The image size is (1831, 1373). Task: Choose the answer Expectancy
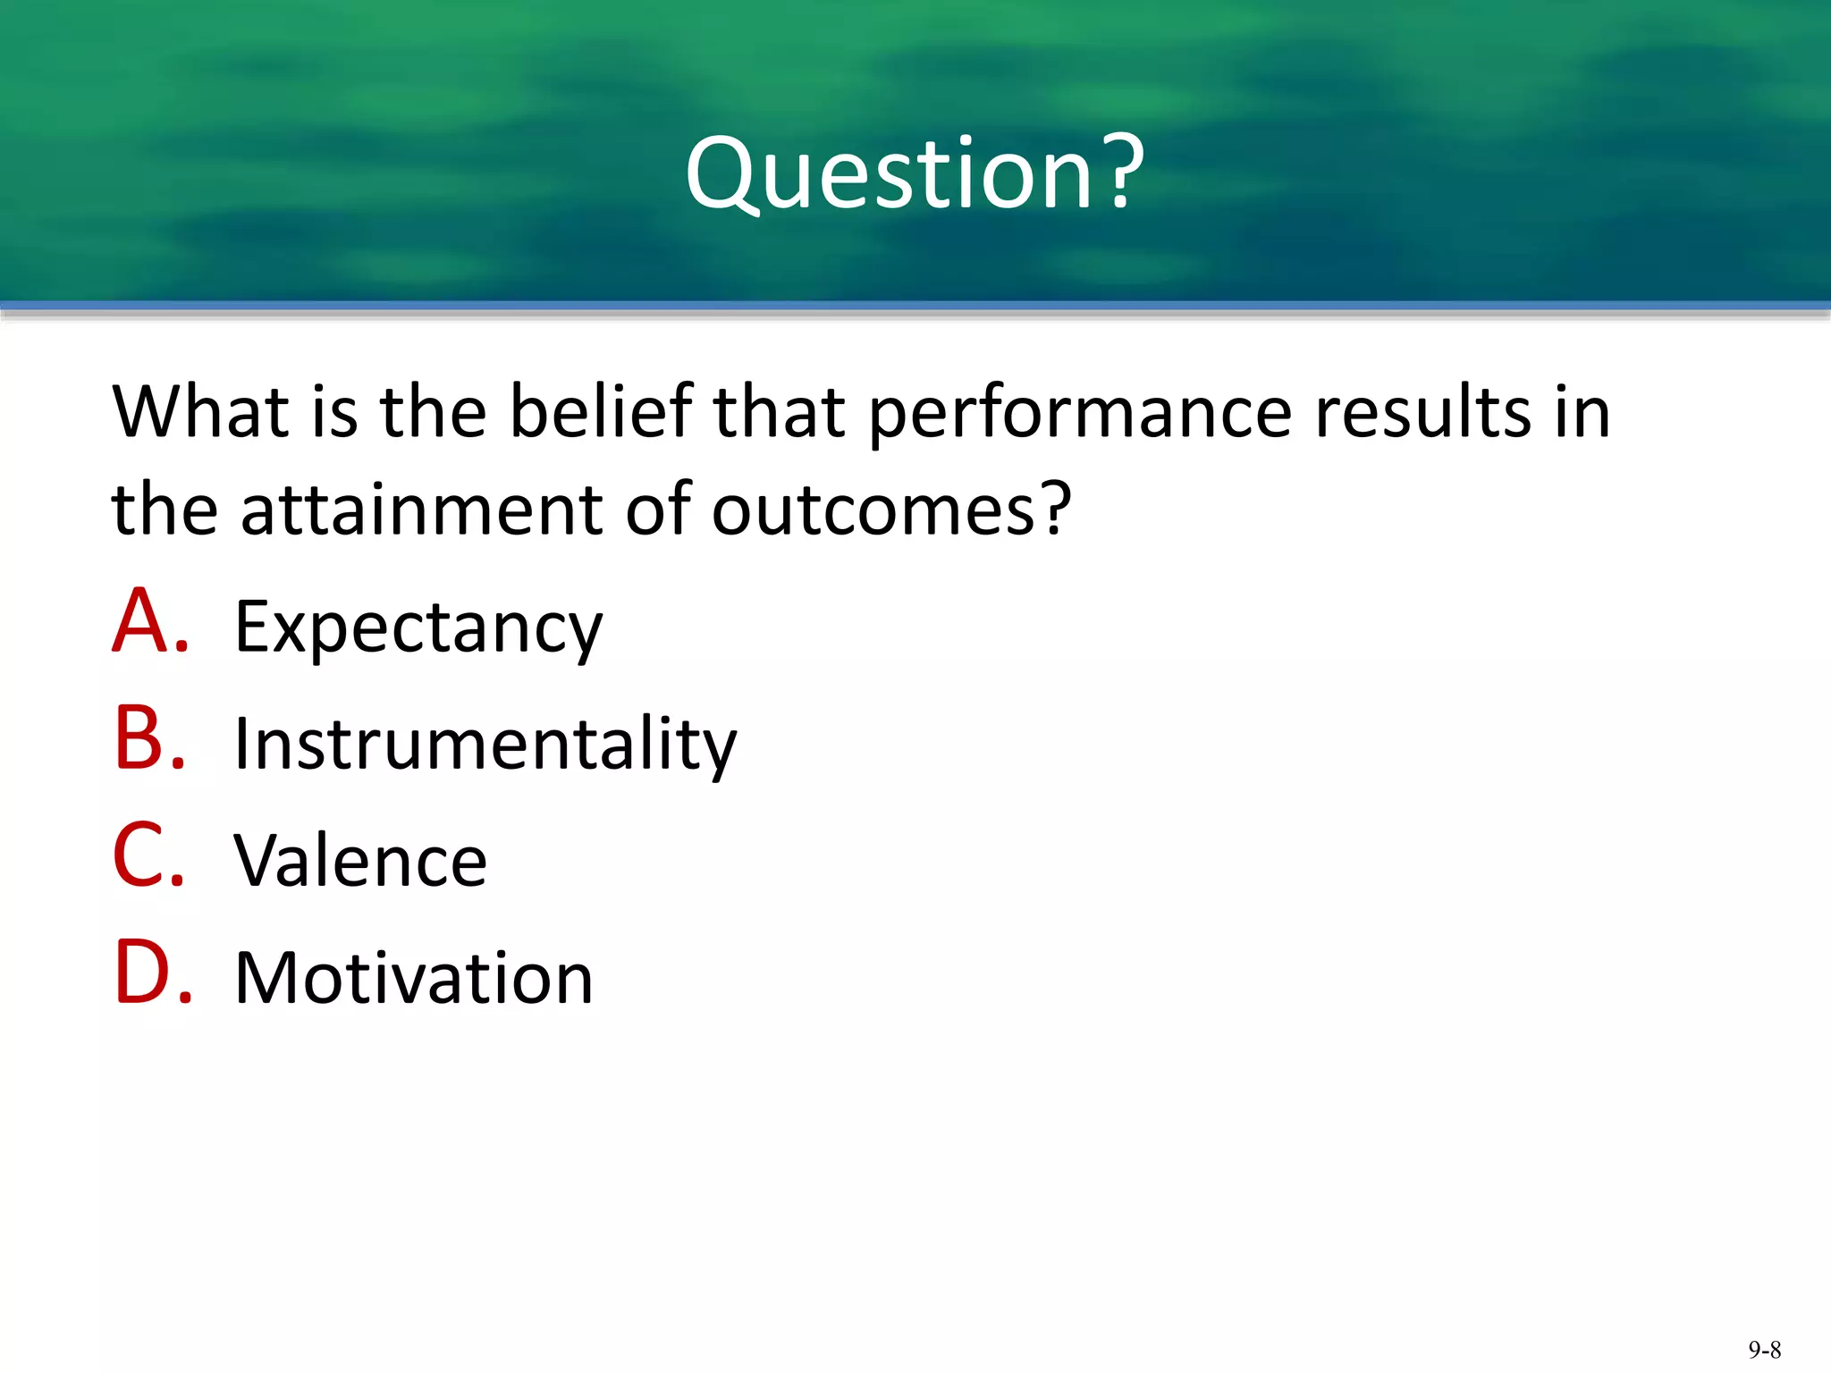pos(418,628)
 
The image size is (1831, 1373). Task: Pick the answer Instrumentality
pos(485,744)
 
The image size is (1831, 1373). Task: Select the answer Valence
pos(360,861)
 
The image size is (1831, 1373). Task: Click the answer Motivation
pos(414,978)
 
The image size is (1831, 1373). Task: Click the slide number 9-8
pos(1764,1350)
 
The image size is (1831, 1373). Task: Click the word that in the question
pos(779,412)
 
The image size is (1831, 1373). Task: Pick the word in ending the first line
pos(1582,412)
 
